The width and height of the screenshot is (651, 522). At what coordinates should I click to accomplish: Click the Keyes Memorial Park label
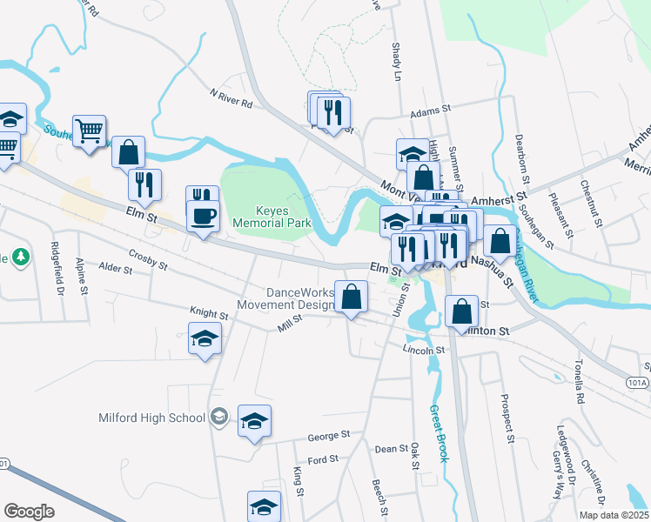pos(272,217)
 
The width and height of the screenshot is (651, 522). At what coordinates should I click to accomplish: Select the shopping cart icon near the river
pos(90,132)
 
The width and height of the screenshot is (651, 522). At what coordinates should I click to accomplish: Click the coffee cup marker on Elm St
pos(203,215)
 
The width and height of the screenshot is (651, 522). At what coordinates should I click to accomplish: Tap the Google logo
pos(29,512)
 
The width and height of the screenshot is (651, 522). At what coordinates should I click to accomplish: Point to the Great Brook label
pos(439,432)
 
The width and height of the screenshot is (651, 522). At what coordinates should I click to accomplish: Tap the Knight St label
pos(208,310)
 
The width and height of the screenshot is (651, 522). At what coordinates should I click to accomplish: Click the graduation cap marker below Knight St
pos(205,338)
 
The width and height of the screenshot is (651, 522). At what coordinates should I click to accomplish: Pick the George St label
pos(328,434)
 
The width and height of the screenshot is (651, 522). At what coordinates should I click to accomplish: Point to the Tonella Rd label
pos(579,383)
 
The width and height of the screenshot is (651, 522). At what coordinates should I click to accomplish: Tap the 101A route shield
pos(636,381)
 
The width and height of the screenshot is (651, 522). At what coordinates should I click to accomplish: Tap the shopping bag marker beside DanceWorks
pos(351,298)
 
